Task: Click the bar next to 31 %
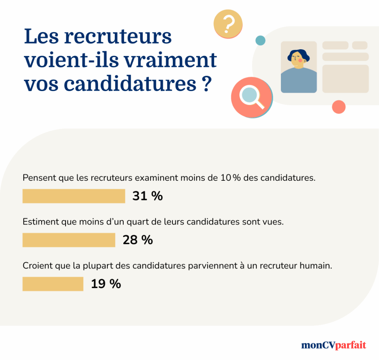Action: coord(74,196)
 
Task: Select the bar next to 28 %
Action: coord(69,240)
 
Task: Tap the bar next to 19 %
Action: coord(53,284)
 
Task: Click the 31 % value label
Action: coord(148,196)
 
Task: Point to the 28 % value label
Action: coord(138,240)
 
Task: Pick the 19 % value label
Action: coord(106,284)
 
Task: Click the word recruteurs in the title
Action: coord(119,37)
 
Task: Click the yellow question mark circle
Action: coord(228,24)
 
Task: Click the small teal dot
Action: coord(261,40)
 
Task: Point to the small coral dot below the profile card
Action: coord(339,107)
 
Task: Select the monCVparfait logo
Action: coord(333,345)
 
